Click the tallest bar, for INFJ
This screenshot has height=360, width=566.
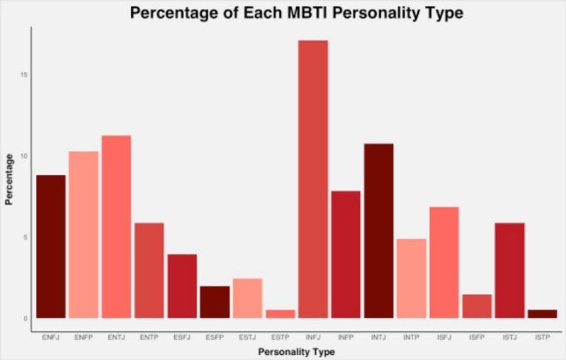pos(313,179)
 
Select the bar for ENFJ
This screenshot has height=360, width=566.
pos(51,246)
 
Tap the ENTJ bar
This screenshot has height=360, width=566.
pos(116,227)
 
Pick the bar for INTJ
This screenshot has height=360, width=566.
pos(379,230)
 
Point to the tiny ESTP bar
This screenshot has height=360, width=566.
pos(280,313)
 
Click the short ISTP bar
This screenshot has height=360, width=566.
pos(542,313)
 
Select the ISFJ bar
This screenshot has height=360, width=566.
pos(444,262)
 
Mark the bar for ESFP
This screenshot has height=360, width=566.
pos(214,302)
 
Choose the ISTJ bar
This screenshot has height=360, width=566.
pos(509,270)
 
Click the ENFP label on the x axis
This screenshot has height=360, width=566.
pos(84,338)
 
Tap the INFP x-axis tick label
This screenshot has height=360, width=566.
pos(346,338)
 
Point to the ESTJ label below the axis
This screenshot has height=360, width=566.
pos(247,338)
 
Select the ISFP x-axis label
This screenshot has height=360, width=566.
pos(477,338)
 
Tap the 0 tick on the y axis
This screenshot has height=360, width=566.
pos(25,318)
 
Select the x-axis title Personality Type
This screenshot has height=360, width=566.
pos(296,352)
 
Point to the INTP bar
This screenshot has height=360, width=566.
pos(411,278)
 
